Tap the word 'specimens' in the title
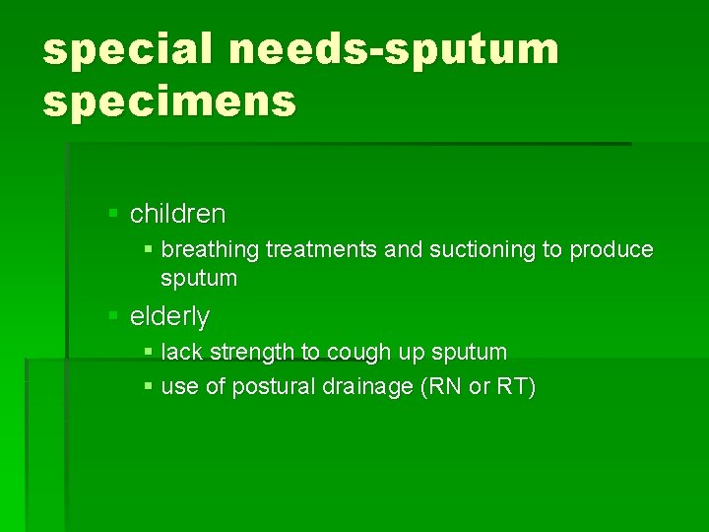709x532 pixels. tap(168, 100)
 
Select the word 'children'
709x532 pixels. tap(177, 214)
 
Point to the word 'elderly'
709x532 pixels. tap(169, 316)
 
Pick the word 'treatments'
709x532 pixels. tap(316, 250)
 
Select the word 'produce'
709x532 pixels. tap(612, 250)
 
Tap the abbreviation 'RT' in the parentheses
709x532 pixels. tap(512, 386)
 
